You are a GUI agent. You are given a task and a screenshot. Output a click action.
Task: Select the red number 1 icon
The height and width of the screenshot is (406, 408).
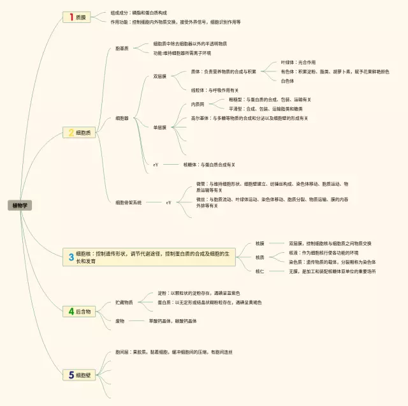click(71, 17)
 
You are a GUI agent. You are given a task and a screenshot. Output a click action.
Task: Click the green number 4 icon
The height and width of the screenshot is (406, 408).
click(71, 312)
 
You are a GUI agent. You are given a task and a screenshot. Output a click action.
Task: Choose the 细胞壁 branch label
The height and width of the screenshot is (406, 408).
click(84, 375)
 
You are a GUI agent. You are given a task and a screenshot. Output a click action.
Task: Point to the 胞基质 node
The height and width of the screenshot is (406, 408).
click(122, 49)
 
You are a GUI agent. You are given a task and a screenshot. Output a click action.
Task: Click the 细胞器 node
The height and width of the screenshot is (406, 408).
click(122, 118)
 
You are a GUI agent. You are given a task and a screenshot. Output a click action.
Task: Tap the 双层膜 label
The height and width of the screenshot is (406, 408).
click(159, 77)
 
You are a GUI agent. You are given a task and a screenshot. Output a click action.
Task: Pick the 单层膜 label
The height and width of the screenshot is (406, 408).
click(159, 128)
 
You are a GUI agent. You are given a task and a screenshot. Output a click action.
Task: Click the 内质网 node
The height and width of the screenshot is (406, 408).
click(198, 104)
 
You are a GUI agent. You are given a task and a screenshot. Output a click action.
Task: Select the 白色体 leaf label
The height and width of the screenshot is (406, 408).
click(288, 81)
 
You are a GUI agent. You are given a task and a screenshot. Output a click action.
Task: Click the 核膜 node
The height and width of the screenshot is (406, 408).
click(259, 243)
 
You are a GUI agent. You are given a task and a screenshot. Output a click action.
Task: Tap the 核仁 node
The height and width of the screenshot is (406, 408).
click(259, 271)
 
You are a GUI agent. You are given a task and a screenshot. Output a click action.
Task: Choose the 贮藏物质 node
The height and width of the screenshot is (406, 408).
click(124, 302)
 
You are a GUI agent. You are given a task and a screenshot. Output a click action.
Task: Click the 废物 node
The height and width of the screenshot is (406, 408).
click(120, 320)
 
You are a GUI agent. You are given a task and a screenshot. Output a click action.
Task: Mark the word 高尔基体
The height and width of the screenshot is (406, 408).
click(201, 118)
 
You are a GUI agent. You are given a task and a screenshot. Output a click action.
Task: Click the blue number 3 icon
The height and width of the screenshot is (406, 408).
click(71, 257)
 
